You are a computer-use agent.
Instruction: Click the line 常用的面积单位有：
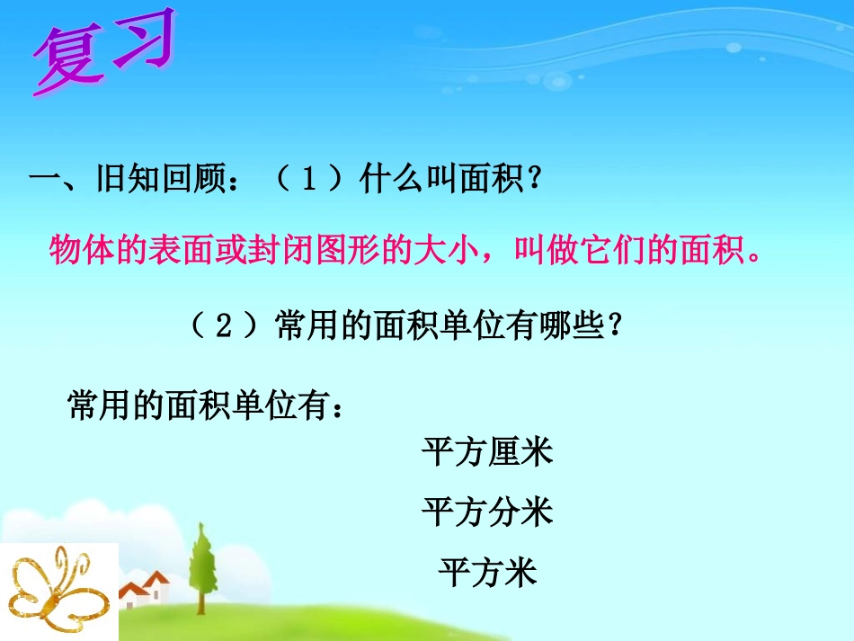pyautogui.click(x=205, y=406)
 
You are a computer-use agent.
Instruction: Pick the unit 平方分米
pyautogui.click(x=487, y=512)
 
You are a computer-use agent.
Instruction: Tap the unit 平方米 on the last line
pyautogui.click(x=487, y=572)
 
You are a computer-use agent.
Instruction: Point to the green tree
pyautogui.click(x=203, y=562)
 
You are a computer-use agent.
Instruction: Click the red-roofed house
pyautogui.click(x=147, y=588)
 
